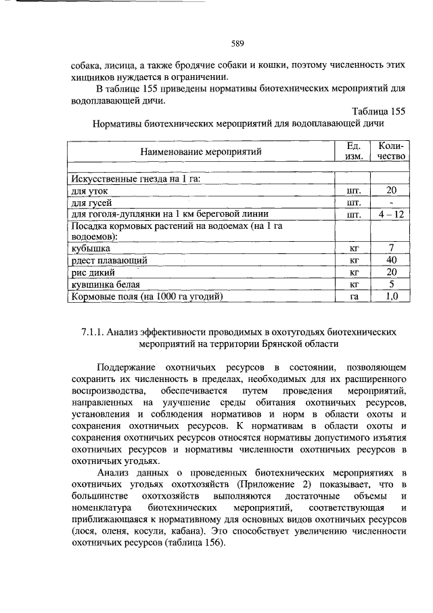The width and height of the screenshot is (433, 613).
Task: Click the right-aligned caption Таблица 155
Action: point(378,112)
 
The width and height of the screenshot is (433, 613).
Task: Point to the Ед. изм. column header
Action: point(352,150)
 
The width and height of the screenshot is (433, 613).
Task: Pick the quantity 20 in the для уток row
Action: point(391,191)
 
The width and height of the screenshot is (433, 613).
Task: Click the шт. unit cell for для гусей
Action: point(352,203)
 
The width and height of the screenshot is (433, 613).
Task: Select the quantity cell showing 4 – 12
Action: point(391,214)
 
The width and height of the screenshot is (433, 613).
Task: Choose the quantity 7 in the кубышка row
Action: point(391,249)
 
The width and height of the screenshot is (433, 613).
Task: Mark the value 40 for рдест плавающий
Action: point(391,260)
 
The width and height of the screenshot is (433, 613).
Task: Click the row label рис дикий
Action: point(93,272)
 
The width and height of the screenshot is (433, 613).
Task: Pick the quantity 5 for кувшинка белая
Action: point(391,284)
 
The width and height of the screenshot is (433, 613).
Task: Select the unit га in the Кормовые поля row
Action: point(352,296)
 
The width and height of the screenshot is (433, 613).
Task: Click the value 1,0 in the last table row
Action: point(391,296)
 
